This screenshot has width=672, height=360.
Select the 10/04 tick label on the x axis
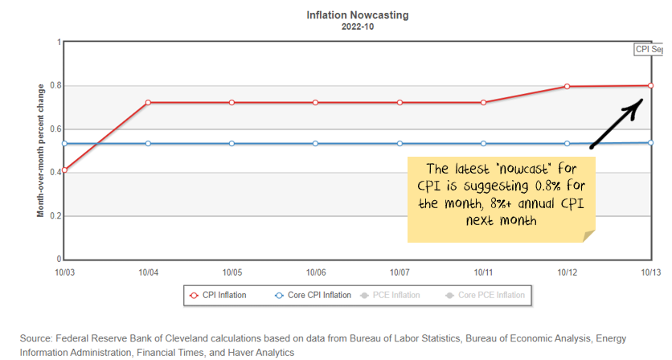(149, 272)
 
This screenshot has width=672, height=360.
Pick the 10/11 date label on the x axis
(483, 272)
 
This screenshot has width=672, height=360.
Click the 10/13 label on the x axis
(649, 272)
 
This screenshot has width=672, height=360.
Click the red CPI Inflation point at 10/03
(64, 170)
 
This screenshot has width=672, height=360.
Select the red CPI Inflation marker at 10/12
(567, 87)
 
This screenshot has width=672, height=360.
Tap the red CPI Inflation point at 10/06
(315, 103)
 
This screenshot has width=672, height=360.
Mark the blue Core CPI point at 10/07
(400, 144)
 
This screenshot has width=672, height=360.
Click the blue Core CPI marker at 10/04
(148, 144)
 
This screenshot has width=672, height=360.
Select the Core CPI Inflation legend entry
(313, 295)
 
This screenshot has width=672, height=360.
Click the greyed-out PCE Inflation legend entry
(395, 295)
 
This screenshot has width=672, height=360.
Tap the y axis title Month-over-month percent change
(40, 151)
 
